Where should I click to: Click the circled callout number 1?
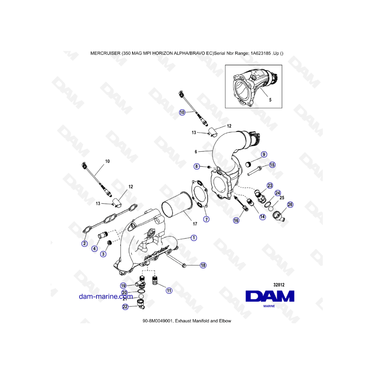point(194,238)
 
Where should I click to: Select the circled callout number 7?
point(206,219)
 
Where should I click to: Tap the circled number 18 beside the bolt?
point(203,265)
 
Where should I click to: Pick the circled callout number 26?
point(290,204)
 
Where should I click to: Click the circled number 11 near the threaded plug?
point(169,290)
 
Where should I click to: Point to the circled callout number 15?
point(272,165)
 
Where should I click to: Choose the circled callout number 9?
point(264,154)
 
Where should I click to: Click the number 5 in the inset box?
point(270,100)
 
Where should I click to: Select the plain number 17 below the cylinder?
point(195,224)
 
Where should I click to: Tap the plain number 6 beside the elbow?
point(196,152)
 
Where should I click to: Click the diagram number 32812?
point(279,285)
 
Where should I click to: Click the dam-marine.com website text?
point(106,296)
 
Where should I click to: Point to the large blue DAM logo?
point(270,296)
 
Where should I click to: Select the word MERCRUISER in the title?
point(106,54)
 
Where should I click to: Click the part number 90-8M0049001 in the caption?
point(157,321)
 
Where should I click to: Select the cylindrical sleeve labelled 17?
point(177,206)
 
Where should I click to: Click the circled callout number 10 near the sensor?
point(182,112)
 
